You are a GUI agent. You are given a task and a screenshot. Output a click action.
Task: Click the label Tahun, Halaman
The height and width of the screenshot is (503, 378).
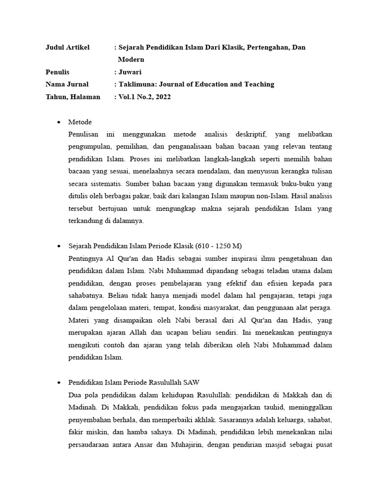pos(73,97)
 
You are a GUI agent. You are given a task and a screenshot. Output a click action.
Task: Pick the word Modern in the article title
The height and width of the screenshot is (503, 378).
pos(131,59)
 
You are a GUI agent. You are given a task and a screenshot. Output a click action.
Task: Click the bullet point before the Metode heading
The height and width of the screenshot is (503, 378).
pos(59,122)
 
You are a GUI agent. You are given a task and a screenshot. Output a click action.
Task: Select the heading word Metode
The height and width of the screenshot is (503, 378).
pos(81,122)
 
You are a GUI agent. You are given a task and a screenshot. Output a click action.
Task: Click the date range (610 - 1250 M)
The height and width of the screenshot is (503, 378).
pos(220,246)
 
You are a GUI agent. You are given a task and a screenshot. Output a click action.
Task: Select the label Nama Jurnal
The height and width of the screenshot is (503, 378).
pos(67,84)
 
